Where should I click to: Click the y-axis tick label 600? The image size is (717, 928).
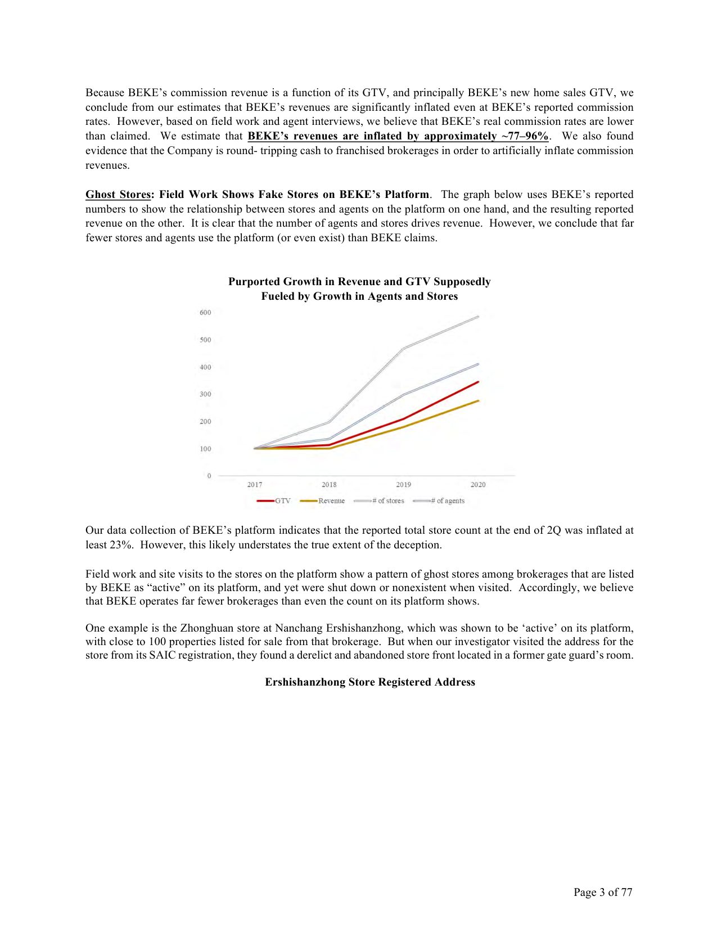pos(205,313)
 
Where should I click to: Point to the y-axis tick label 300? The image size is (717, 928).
pos(205,394)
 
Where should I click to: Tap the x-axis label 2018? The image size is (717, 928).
pos(329,485)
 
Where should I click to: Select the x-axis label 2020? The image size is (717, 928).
pos(478,485)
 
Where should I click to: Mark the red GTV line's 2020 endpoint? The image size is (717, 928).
pos(478,382)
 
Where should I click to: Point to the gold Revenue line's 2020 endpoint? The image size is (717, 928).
pos(478,400)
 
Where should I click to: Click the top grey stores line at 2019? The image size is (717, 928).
pos(404,348)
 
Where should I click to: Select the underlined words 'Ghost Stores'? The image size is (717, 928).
pos(118,195)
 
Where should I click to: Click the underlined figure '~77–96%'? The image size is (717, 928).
pos(525,136)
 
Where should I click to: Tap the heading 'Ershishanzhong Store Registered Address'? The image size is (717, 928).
pos(370,682)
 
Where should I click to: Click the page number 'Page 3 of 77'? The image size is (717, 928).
pos(603,892)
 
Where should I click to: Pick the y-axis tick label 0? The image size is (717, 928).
pos(209,476)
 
